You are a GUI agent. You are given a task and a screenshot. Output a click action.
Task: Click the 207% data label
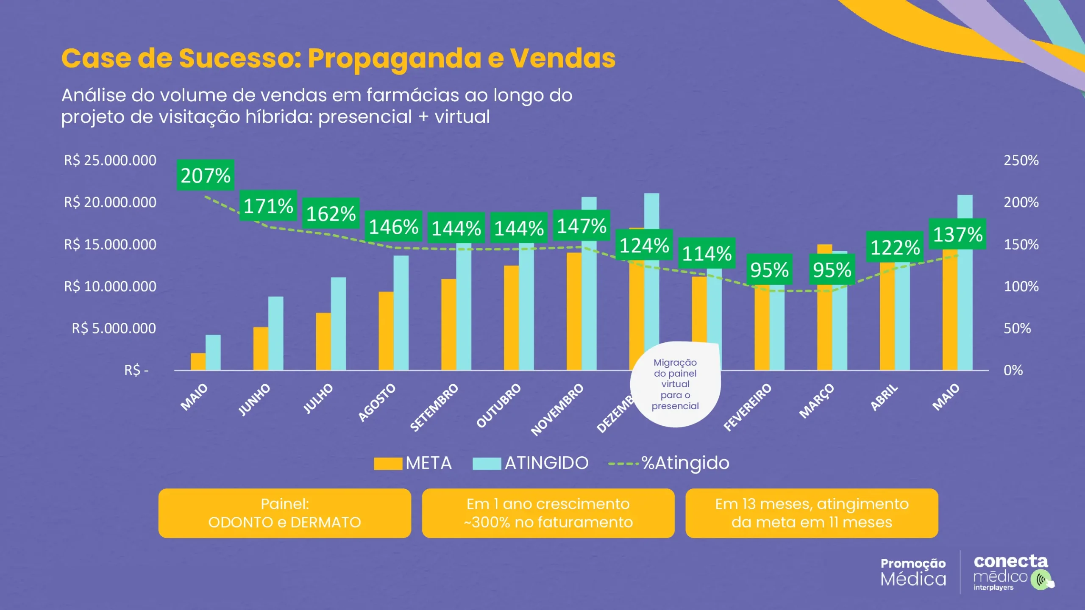pyautogui.click(x=205, y=175)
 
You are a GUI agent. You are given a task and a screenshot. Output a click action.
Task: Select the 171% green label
pyautogui.click(x=268, y=206)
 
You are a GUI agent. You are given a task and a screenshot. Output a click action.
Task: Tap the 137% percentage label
pyautogui.click(x=957, y=234)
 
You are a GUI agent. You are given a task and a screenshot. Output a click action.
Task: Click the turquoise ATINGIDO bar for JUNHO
pyautogui.click(x=275, y=333)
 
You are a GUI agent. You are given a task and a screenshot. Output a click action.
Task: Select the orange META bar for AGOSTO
pyautogui.click(x=386, y=331)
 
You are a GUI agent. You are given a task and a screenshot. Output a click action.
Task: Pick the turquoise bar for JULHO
pyautogui.click(x=338, y=324)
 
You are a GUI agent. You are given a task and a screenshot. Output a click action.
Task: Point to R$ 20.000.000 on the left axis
pyautogui.click(x=110, y=202)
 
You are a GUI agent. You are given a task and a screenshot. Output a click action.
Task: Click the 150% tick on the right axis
pyautogui.click(x=1021, y=245)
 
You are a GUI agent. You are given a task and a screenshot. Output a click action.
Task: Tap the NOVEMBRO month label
pyautogui.click(x=557, y=410)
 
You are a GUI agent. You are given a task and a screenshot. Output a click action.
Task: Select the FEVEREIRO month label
pyautogui.click(x=747, y=407)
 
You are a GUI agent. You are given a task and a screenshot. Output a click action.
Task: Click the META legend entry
pyautogui.click(x=413, y=463)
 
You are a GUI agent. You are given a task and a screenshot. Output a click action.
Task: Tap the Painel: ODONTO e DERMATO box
pyautogui.click(x=284, y=513)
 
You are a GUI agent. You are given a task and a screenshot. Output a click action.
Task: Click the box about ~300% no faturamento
pyautogui.click(x=548, y=513)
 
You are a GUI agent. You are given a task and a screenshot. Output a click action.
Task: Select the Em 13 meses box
pyautogui.click(x=812, y=513)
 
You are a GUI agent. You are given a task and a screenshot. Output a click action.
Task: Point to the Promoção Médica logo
pyautogui.click(x=913, y=572)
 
